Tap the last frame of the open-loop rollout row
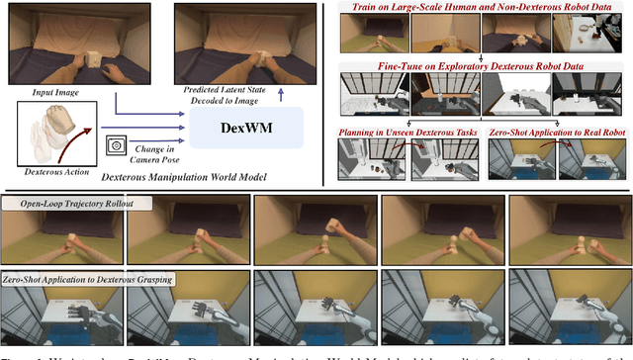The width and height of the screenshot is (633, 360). [x=570, y=232]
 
